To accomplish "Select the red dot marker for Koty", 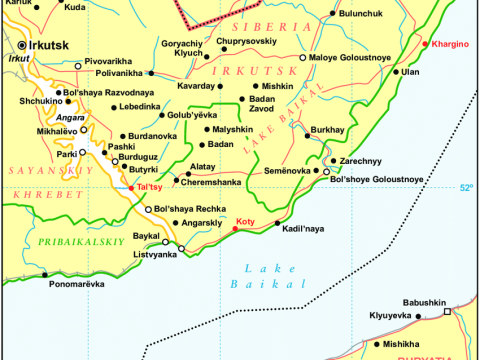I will [x=236, y=229].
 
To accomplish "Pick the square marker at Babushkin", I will [x=449, y=312].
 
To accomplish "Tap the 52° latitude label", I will [x=468, y=187].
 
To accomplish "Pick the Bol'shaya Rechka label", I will [x=188, y=209].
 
